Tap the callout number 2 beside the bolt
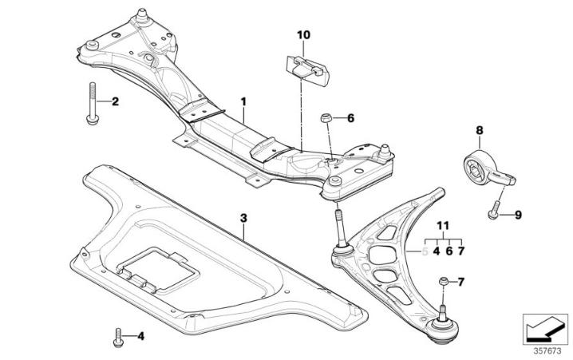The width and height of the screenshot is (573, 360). click(114, 101)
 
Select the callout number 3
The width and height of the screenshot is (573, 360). click(244, 216)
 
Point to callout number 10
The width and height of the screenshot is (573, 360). click(304, 35)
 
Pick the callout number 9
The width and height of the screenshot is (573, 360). click(516, 214)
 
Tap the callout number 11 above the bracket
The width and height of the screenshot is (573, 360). click(443, 226)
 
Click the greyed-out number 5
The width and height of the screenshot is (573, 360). click(425, 251)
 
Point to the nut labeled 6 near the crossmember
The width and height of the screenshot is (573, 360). click(326, 119)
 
